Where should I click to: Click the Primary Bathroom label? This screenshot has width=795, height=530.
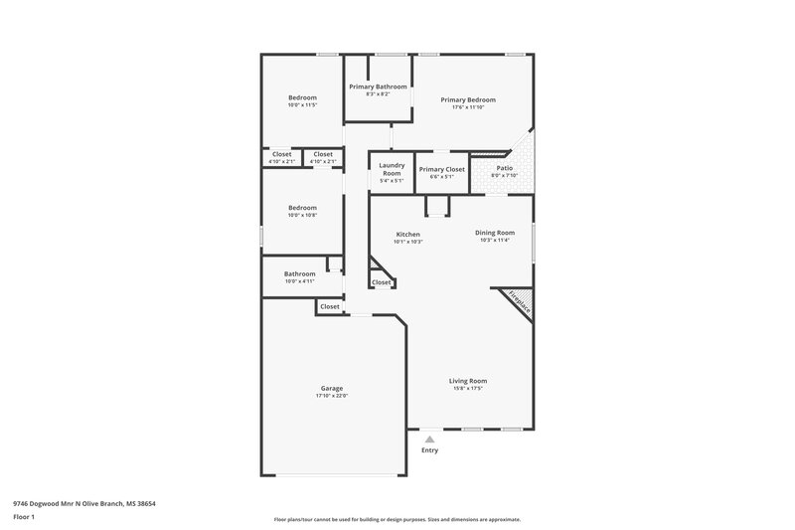(x=378, y=87)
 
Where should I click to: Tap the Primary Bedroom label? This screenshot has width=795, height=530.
(x=468, y=99)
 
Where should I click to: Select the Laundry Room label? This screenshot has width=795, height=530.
(x=392, y=169)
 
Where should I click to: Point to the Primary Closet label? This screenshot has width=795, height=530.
(x=441, y=169)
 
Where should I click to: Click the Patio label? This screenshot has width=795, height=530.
(x=505, y=168)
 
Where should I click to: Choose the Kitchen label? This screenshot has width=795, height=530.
(x=408, y=234)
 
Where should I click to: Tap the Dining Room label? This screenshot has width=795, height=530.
(x=494, y=232)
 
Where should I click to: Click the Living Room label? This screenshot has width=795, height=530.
(x=467, y=380)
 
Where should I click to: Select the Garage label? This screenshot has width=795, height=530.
(x=331, y=388)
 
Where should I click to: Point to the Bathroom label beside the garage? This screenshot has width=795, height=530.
(x=299, y=273)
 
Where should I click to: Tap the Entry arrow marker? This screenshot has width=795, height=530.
(x=429, y=439)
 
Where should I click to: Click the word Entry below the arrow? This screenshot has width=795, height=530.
(x=429, y=450)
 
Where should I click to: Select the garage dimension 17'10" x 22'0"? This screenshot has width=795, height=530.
(x=331, y=396)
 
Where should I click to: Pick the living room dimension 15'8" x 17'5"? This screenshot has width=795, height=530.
(x=467, y=388)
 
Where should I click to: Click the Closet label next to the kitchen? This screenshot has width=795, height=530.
(x=381, y=282)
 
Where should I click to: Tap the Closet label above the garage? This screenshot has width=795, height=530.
(x=329, y=306)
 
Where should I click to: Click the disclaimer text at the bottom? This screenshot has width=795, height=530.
(x=397, y=519)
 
